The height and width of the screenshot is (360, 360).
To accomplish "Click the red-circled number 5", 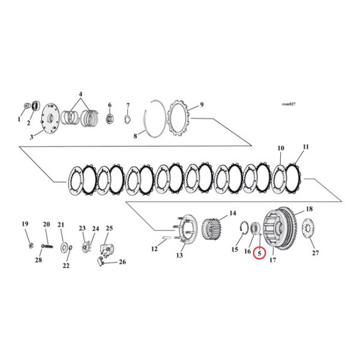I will click(x=260, y=253).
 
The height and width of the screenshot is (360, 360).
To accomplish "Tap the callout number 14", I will click(x=232, y=213).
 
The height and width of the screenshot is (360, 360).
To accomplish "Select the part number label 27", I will click(x=316, y=253).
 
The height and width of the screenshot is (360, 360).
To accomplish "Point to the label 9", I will click(x=202, y=104).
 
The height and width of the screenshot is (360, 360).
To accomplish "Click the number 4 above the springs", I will click(x=81, y=94).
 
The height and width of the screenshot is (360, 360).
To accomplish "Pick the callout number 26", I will click(x=122, y=262).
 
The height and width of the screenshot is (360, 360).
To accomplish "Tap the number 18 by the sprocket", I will click(x=310, y=209).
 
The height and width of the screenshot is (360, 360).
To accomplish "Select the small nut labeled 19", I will click(x=30, y=244).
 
